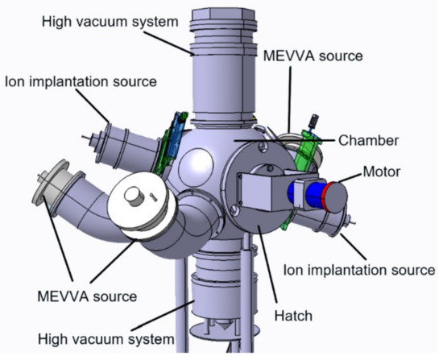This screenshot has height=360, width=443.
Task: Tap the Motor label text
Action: [x=383, y=172]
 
